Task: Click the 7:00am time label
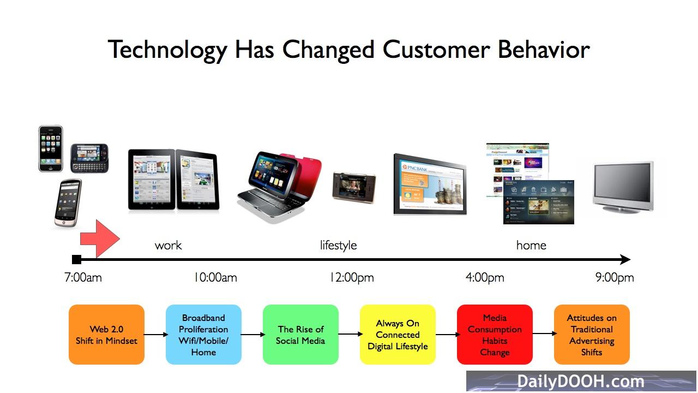pos(83,277)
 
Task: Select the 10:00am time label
pos(215,277)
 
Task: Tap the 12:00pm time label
pos(352,277)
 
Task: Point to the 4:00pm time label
pos(485,277)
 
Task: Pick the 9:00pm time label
pos(615,277)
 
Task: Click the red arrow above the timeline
pos(100,239)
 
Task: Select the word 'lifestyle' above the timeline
pos(339,245)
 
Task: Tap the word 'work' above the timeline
pos(169,246)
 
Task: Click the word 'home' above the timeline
pos(531,246)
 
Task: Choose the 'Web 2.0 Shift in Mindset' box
pos(106,335)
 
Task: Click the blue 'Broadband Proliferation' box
pos(203,335)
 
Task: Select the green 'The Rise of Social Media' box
pos(300,335)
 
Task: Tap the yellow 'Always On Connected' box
pos(398,335)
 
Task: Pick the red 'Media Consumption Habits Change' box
pos(495,335)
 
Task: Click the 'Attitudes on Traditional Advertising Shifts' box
pos(592,335)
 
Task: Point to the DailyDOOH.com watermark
pos(581,381)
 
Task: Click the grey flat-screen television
pos(623,187)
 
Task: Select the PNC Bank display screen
pos(430,184)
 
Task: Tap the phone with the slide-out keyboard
pos(89,158)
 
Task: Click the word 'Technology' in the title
pos(167,50)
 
